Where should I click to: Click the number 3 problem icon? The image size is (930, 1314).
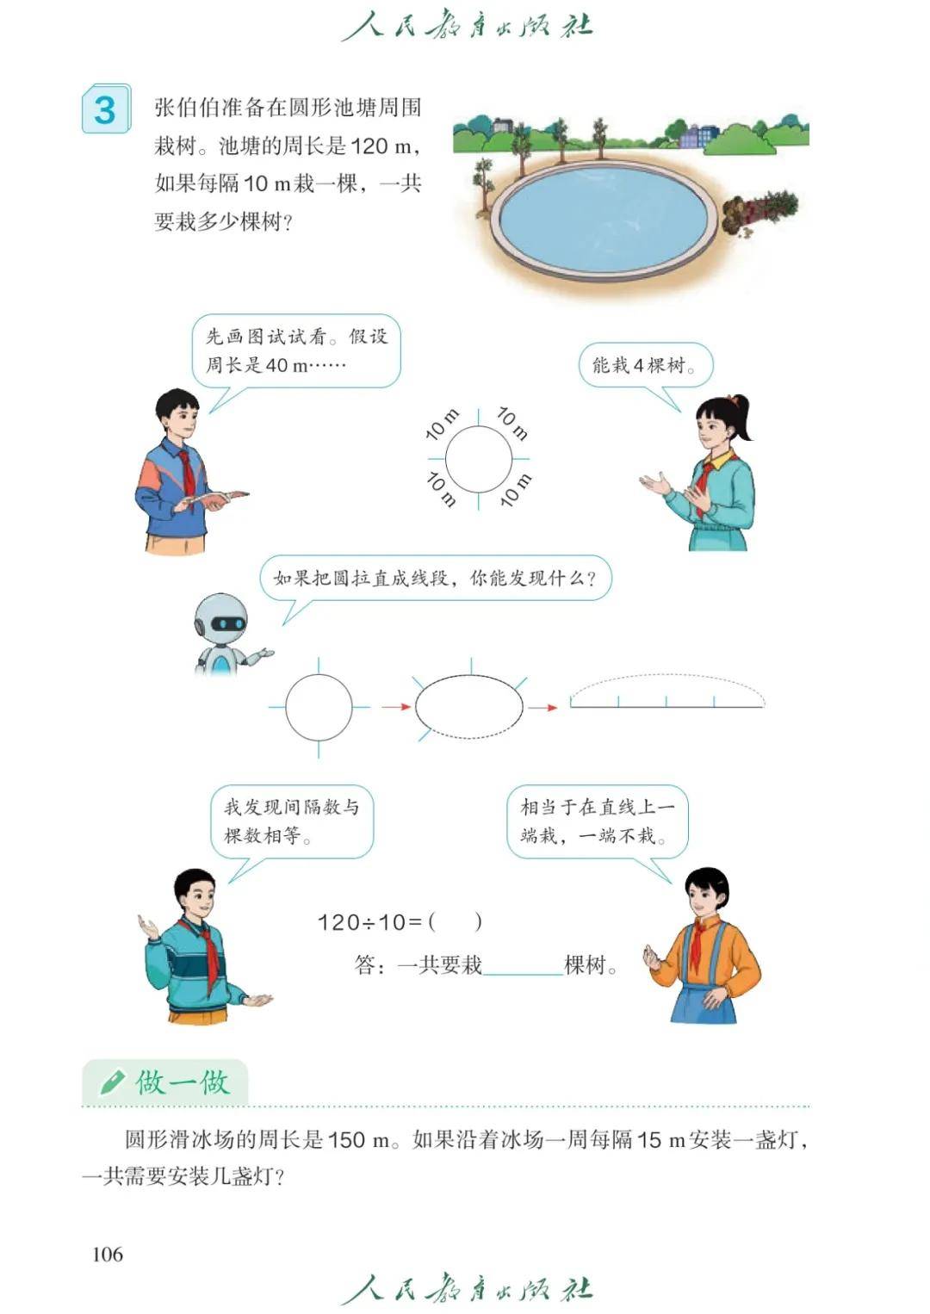(x=106, y=109)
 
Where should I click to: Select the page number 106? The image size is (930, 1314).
(x=108, y=1255)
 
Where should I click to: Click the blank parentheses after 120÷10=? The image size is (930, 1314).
(x=456, y=922)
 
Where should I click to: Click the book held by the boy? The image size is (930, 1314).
(x=214, y=499)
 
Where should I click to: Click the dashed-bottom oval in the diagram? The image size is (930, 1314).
(x=468, y=706)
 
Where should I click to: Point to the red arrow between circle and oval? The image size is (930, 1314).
(x=396, y=706)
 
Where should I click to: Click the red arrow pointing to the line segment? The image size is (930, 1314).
(x=542, y=708)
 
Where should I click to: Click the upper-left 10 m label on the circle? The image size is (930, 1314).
(x=443, y=425)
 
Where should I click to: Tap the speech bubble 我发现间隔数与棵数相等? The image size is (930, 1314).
(x=292, y=821)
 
